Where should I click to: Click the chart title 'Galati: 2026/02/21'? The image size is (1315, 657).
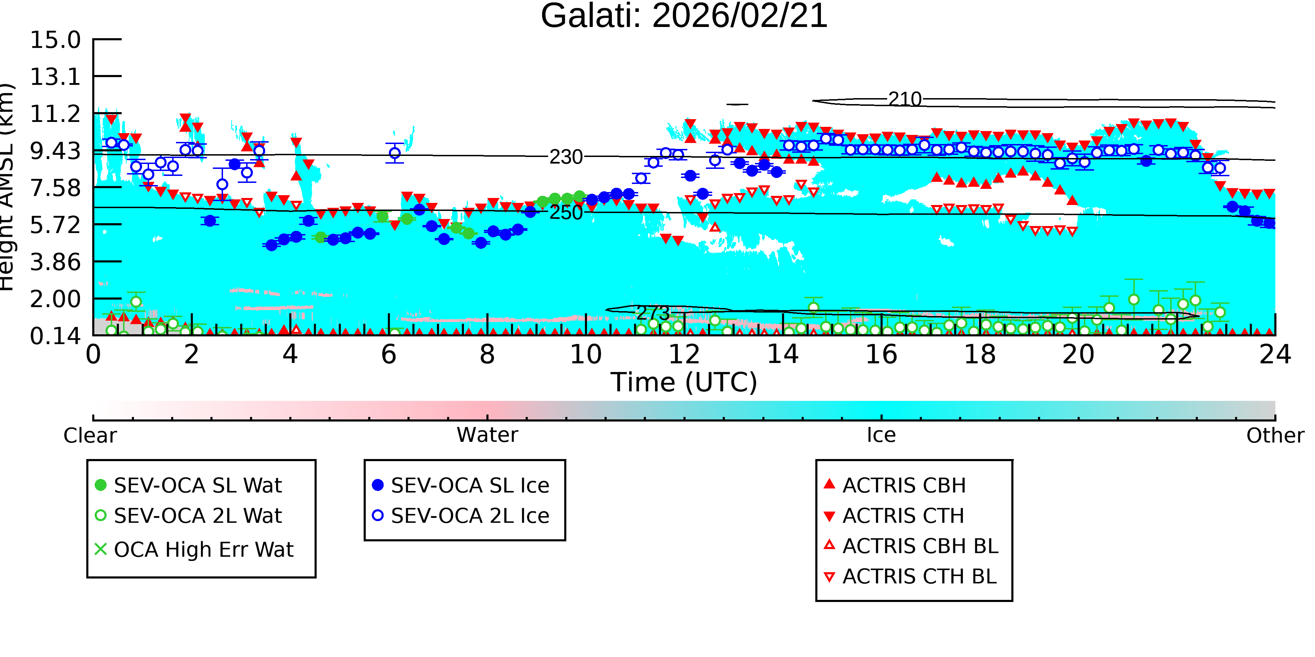(x=684, y=16)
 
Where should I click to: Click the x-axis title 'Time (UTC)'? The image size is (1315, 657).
(x=684, y=383)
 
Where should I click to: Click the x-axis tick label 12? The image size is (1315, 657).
(x=684, y=355)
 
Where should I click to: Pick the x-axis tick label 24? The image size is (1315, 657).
(x=1275, y=355)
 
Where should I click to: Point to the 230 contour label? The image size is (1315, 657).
(x=566, y=157)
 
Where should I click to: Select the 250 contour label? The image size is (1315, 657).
(x=566, y=213)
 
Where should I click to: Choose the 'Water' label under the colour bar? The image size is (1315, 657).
(x=487, y=435)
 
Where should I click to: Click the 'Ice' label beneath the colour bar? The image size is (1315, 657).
(x=881, y=435)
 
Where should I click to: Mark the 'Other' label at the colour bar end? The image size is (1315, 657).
(x=1275, y=436)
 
